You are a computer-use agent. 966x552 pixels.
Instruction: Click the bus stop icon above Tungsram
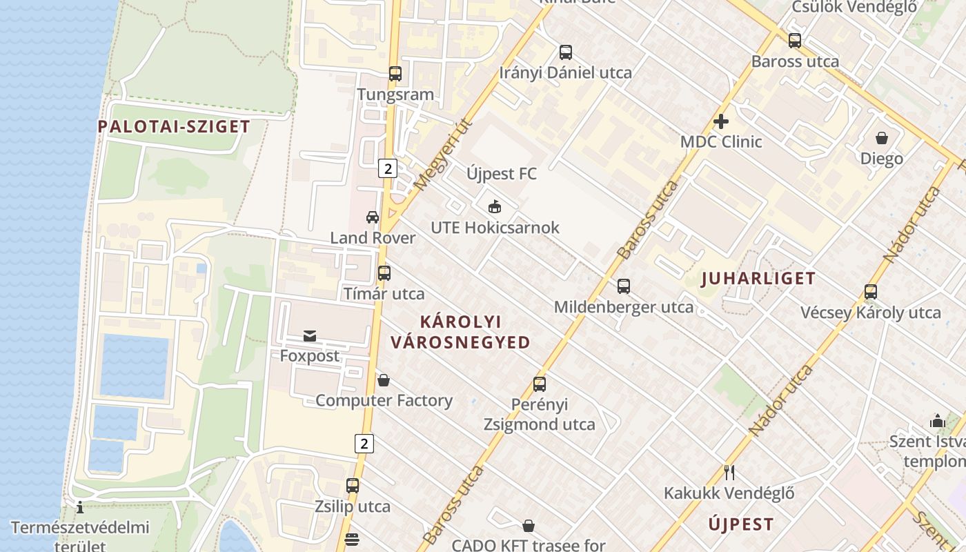coord(395,74)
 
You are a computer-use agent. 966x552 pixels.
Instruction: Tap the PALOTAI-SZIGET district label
coord(173,127)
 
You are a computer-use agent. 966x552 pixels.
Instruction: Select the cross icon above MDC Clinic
coord(721,122)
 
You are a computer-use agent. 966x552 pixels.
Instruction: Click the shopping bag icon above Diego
coord(881,138)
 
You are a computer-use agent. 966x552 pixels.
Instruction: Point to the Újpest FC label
coord(501,174)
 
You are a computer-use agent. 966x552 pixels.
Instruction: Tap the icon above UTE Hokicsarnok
coord(494,206)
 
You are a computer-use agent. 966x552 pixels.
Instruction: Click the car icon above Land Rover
coord(373,217)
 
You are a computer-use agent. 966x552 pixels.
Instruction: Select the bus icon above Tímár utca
coord(384,273)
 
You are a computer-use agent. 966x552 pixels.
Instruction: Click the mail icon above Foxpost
coord(310,336)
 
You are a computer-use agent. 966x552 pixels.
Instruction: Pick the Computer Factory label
coord(384,401)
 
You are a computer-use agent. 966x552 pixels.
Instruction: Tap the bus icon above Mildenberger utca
coord(624,286)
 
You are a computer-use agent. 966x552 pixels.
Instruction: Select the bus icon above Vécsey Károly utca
coord(871,292)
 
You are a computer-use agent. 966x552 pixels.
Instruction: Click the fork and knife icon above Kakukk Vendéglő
coord(729,473)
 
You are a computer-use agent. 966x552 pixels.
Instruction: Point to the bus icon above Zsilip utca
coord(353,486)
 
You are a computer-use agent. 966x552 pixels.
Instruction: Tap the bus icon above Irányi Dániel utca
coord(566,52)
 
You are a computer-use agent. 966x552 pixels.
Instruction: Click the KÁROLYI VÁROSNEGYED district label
coord(460,332)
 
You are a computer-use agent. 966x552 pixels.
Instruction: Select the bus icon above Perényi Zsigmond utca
coord(540,384)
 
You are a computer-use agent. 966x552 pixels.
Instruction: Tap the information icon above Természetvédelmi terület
coord(80,508)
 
